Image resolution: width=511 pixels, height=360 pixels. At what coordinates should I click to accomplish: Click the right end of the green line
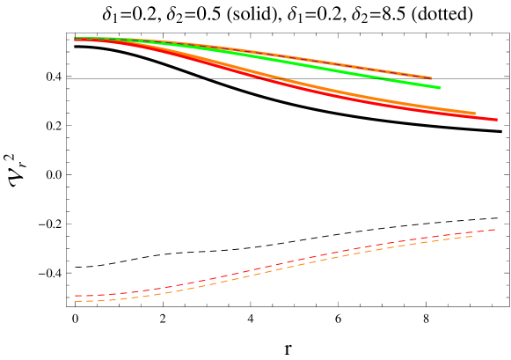tap(440, 87)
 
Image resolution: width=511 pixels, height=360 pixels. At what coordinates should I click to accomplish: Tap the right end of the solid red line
tap(497, 120)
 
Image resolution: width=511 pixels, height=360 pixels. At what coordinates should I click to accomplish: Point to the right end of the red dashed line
tap(496, 229)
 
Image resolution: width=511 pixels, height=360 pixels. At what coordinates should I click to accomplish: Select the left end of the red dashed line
tap(76, 296)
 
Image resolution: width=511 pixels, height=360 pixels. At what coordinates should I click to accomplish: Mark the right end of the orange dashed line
tap(473, 235)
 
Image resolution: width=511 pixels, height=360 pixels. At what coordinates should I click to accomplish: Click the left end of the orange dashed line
tap(76, 301)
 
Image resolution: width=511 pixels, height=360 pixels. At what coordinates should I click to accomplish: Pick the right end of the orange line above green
tap(432, 77)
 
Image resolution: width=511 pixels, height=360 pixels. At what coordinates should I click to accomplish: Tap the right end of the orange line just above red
tap(475, 114)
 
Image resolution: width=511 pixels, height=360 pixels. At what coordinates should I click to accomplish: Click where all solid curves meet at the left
tap(77, 39)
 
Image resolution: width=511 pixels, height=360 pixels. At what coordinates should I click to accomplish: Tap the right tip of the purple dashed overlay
tap(432, 78)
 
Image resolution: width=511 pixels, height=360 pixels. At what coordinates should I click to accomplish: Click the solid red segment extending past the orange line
tap(486, 118)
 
